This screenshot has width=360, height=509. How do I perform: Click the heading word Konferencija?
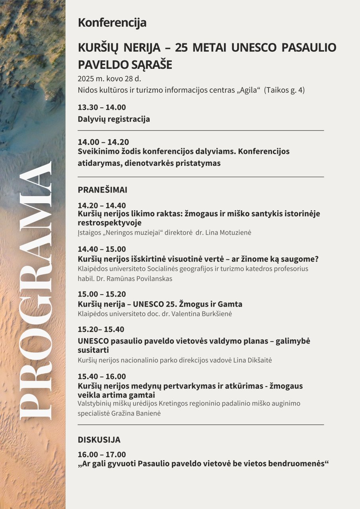pos(112,23)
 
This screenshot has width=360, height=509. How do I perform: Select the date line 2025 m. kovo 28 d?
pos(109,78)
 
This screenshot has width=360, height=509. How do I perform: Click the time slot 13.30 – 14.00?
pos(102,107)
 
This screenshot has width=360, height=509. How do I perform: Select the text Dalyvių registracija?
pos(114,119)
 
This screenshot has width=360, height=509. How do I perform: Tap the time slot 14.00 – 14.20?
pos(103,142)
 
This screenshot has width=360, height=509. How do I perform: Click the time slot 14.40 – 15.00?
pos(102,249)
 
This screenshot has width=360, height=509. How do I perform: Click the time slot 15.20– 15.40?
pos(101,330)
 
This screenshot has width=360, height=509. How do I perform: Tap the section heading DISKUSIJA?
pos(99,440)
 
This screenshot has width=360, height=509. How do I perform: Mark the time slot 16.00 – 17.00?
pos(102,455)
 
